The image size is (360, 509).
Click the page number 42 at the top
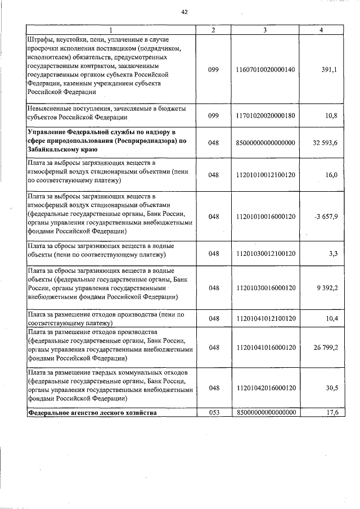click(183, 11)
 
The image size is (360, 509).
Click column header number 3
click(266, 30)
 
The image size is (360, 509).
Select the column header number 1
click(110, 30)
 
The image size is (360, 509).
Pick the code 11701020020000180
click(266, 115)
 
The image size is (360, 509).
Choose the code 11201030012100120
click(266, 254)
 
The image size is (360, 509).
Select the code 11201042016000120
click(266, 388)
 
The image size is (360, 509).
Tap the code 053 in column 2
click(213, 412)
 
